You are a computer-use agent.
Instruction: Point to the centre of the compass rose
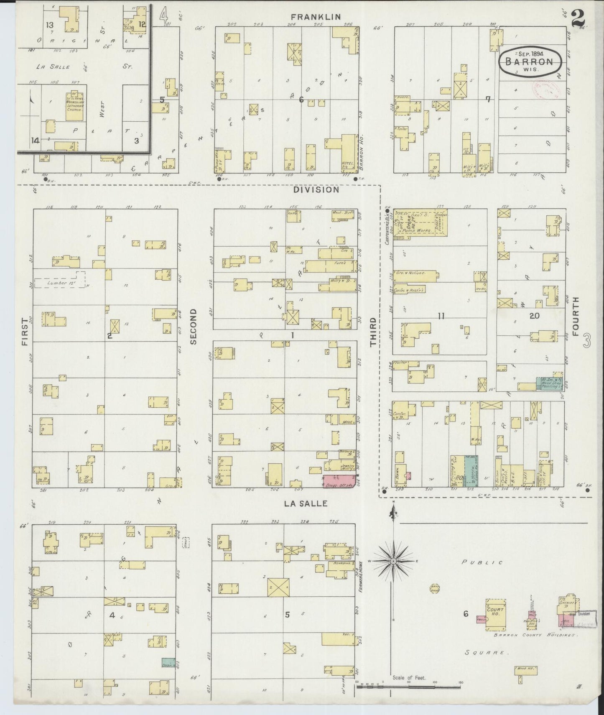coord(393,560)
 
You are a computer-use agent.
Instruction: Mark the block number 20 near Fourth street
coord(534,316)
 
